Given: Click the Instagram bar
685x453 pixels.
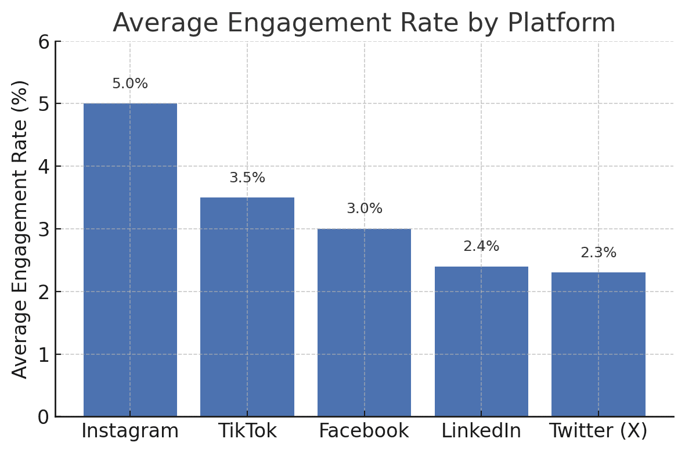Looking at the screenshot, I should point(130,260).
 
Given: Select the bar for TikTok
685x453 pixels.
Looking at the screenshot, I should point(247,307).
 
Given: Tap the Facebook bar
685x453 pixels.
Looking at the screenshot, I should point(365,322).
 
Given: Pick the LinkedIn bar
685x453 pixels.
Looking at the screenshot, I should point(481,341).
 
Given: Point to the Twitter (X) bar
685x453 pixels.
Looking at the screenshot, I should point(599,344).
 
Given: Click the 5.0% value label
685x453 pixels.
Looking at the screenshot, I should point(130,84).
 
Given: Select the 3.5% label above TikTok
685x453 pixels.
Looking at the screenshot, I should point(247,178).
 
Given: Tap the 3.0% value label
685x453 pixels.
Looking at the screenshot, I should point(365,208).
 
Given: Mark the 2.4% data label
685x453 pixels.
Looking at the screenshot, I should point(481,246).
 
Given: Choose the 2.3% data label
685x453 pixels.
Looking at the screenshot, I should point(599,253).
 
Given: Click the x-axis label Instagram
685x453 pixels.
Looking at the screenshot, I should point(130,431).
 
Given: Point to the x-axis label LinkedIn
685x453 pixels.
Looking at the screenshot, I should point(481,431).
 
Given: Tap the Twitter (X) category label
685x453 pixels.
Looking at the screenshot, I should point(599,431).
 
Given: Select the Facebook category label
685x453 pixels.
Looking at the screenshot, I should point(364,431).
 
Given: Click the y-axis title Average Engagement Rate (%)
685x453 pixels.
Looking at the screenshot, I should point(20,229).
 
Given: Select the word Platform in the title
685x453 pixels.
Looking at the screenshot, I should point(561,23).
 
